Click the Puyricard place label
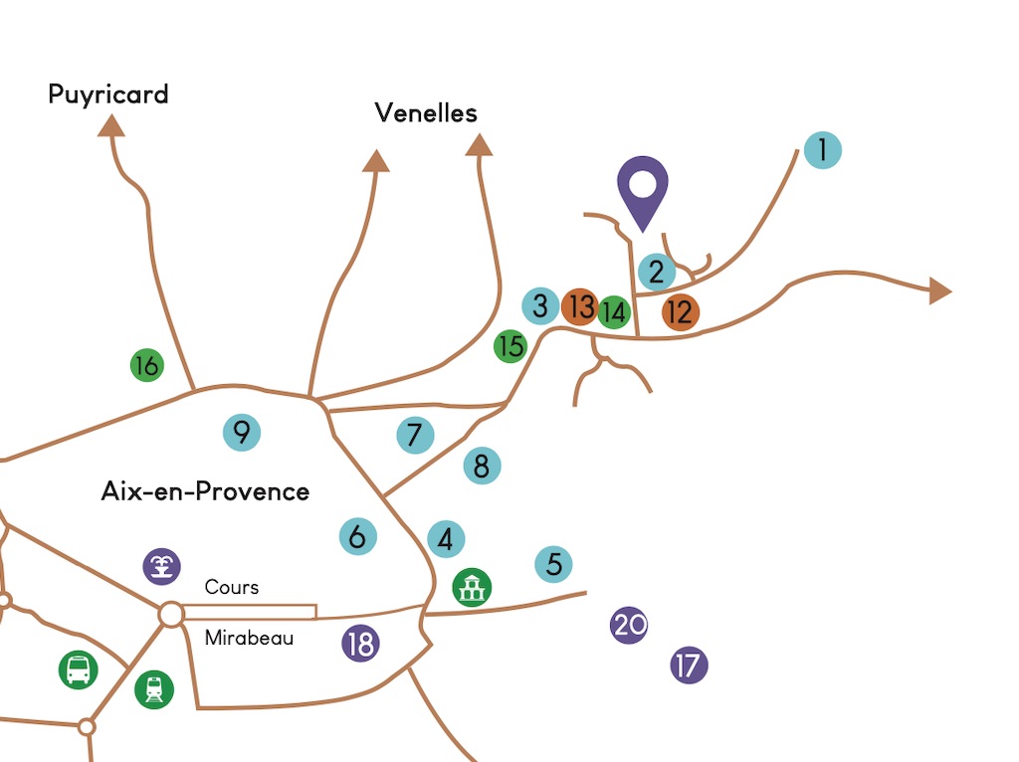click(x=108, y=95)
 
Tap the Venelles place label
click(x=426, y=113)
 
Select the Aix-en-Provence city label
click(x=205, y=491)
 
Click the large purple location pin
click(x=643, y=193)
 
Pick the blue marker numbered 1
click(x=823, y=150)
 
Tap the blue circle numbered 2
click(x=657, y=272)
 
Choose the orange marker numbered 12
click(x=681, y=311)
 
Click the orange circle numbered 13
click(x=580, y=306)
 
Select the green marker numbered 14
click(x=613, y=311)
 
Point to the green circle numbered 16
click(x=147, y=365)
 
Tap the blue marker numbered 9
click(x=242, y=432)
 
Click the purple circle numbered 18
click(x=360, y=644)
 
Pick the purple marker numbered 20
click(x=629, y=625)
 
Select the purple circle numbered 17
click(x=689, y=666)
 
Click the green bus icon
click(x=78, y=669)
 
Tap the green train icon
click(x=154, y=689)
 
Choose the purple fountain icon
click(x=162, y=566)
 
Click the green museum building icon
click(x=472, y=587)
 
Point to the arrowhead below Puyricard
click(x=111, y=125)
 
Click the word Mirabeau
click(x=249, y=638)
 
